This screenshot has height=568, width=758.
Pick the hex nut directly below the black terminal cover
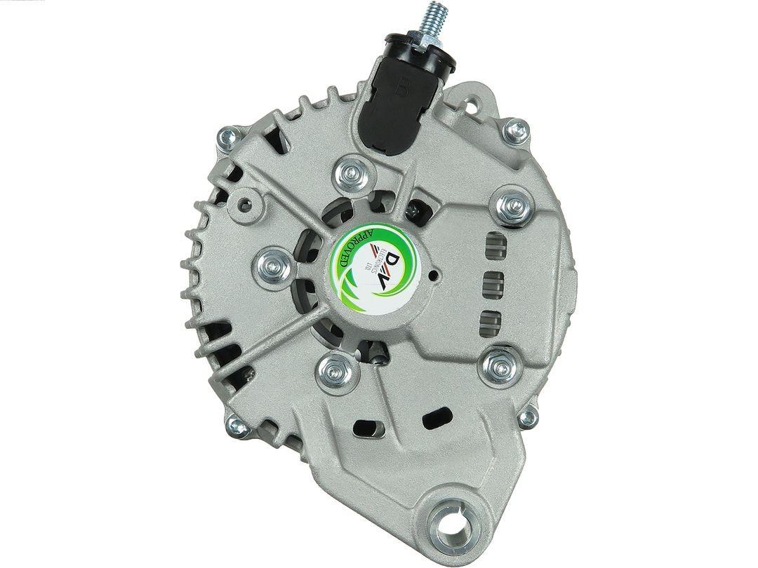pyautogui.click(x=352, y=171)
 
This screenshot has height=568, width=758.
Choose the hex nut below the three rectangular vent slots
pyautogui.click(x=499, y=365)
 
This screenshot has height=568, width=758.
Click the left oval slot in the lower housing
pyautogui.click(x=369, y=426)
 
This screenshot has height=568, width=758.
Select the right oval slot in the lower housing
pyautogui.click(x=437, y=418)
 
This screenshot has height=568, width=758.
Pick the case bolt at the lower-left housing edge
pyautogui.click(x=237, y=424)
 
